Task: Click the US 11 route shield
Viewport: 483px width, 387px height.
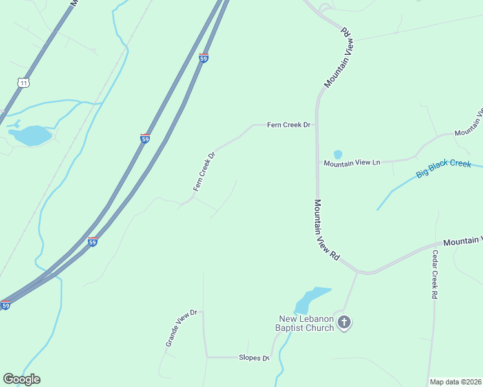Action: tap(24, 83)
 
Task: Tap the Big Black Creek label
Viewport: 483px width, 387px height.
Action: tap(444, 169)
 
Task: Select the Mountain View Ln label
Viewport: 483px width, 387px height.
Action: tap(352, 163)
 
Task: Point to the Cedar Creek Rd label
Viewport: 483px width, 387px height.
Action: tap(435, 274)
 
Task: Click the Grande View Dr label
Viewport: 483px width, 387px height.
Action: tap(176, 328)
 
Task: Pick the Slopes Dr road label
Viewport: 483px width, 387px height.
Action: tap(254, 357)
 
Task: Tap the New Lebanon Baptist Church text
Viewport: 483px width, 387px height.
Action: tap(306, 323)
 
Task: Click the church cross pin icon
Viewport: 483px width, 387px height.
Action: tap(344, 322)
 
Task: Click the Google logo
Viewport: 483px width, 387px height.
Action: tap(21, 379)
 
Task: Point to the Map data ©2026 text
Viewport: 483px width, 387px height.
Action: tap(455, 382)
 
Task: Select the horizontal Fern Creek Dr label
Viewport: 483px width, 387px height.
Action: tap(289, 124)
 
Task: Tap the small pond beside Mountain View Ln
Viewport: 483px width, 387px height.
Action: tap(338, 154)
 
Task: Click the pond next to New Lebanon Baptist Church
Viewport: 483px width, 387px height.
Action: tap(311, 300)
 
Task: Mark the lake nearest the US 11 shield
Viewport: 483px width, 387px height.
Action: tap(30, 135)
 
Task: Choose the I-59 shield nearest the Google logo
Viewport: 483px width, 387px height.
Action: tap(6, 304)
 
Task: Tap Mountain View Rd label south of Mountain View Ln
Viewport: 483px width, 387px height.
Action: tap(326, 229)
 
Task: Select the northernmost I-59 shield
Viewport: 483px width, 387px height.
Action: tap(203, 58)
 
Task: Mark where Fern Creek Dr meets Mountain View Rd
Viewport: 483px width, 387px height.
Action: tap(317, 125)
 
